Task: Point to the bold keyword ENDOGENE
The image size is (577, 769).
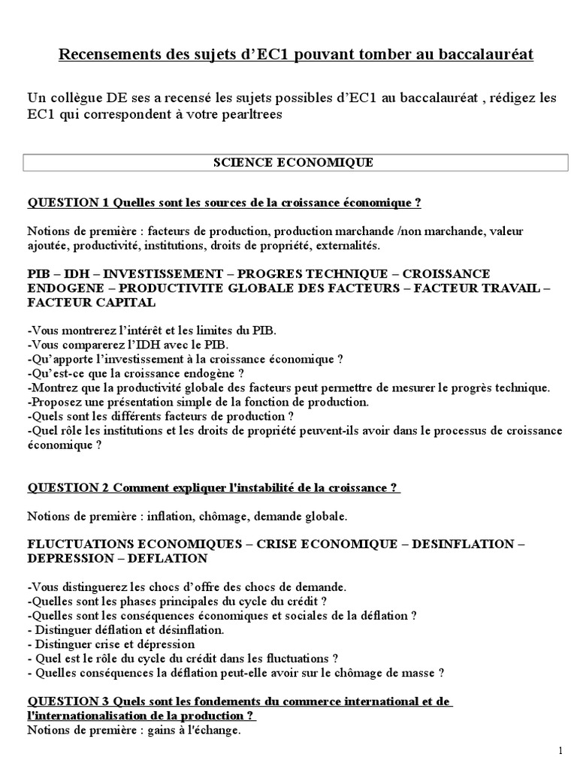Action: (63, 288)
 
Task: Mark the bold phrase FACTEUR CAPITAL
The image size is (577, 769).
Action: (91, 302)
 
